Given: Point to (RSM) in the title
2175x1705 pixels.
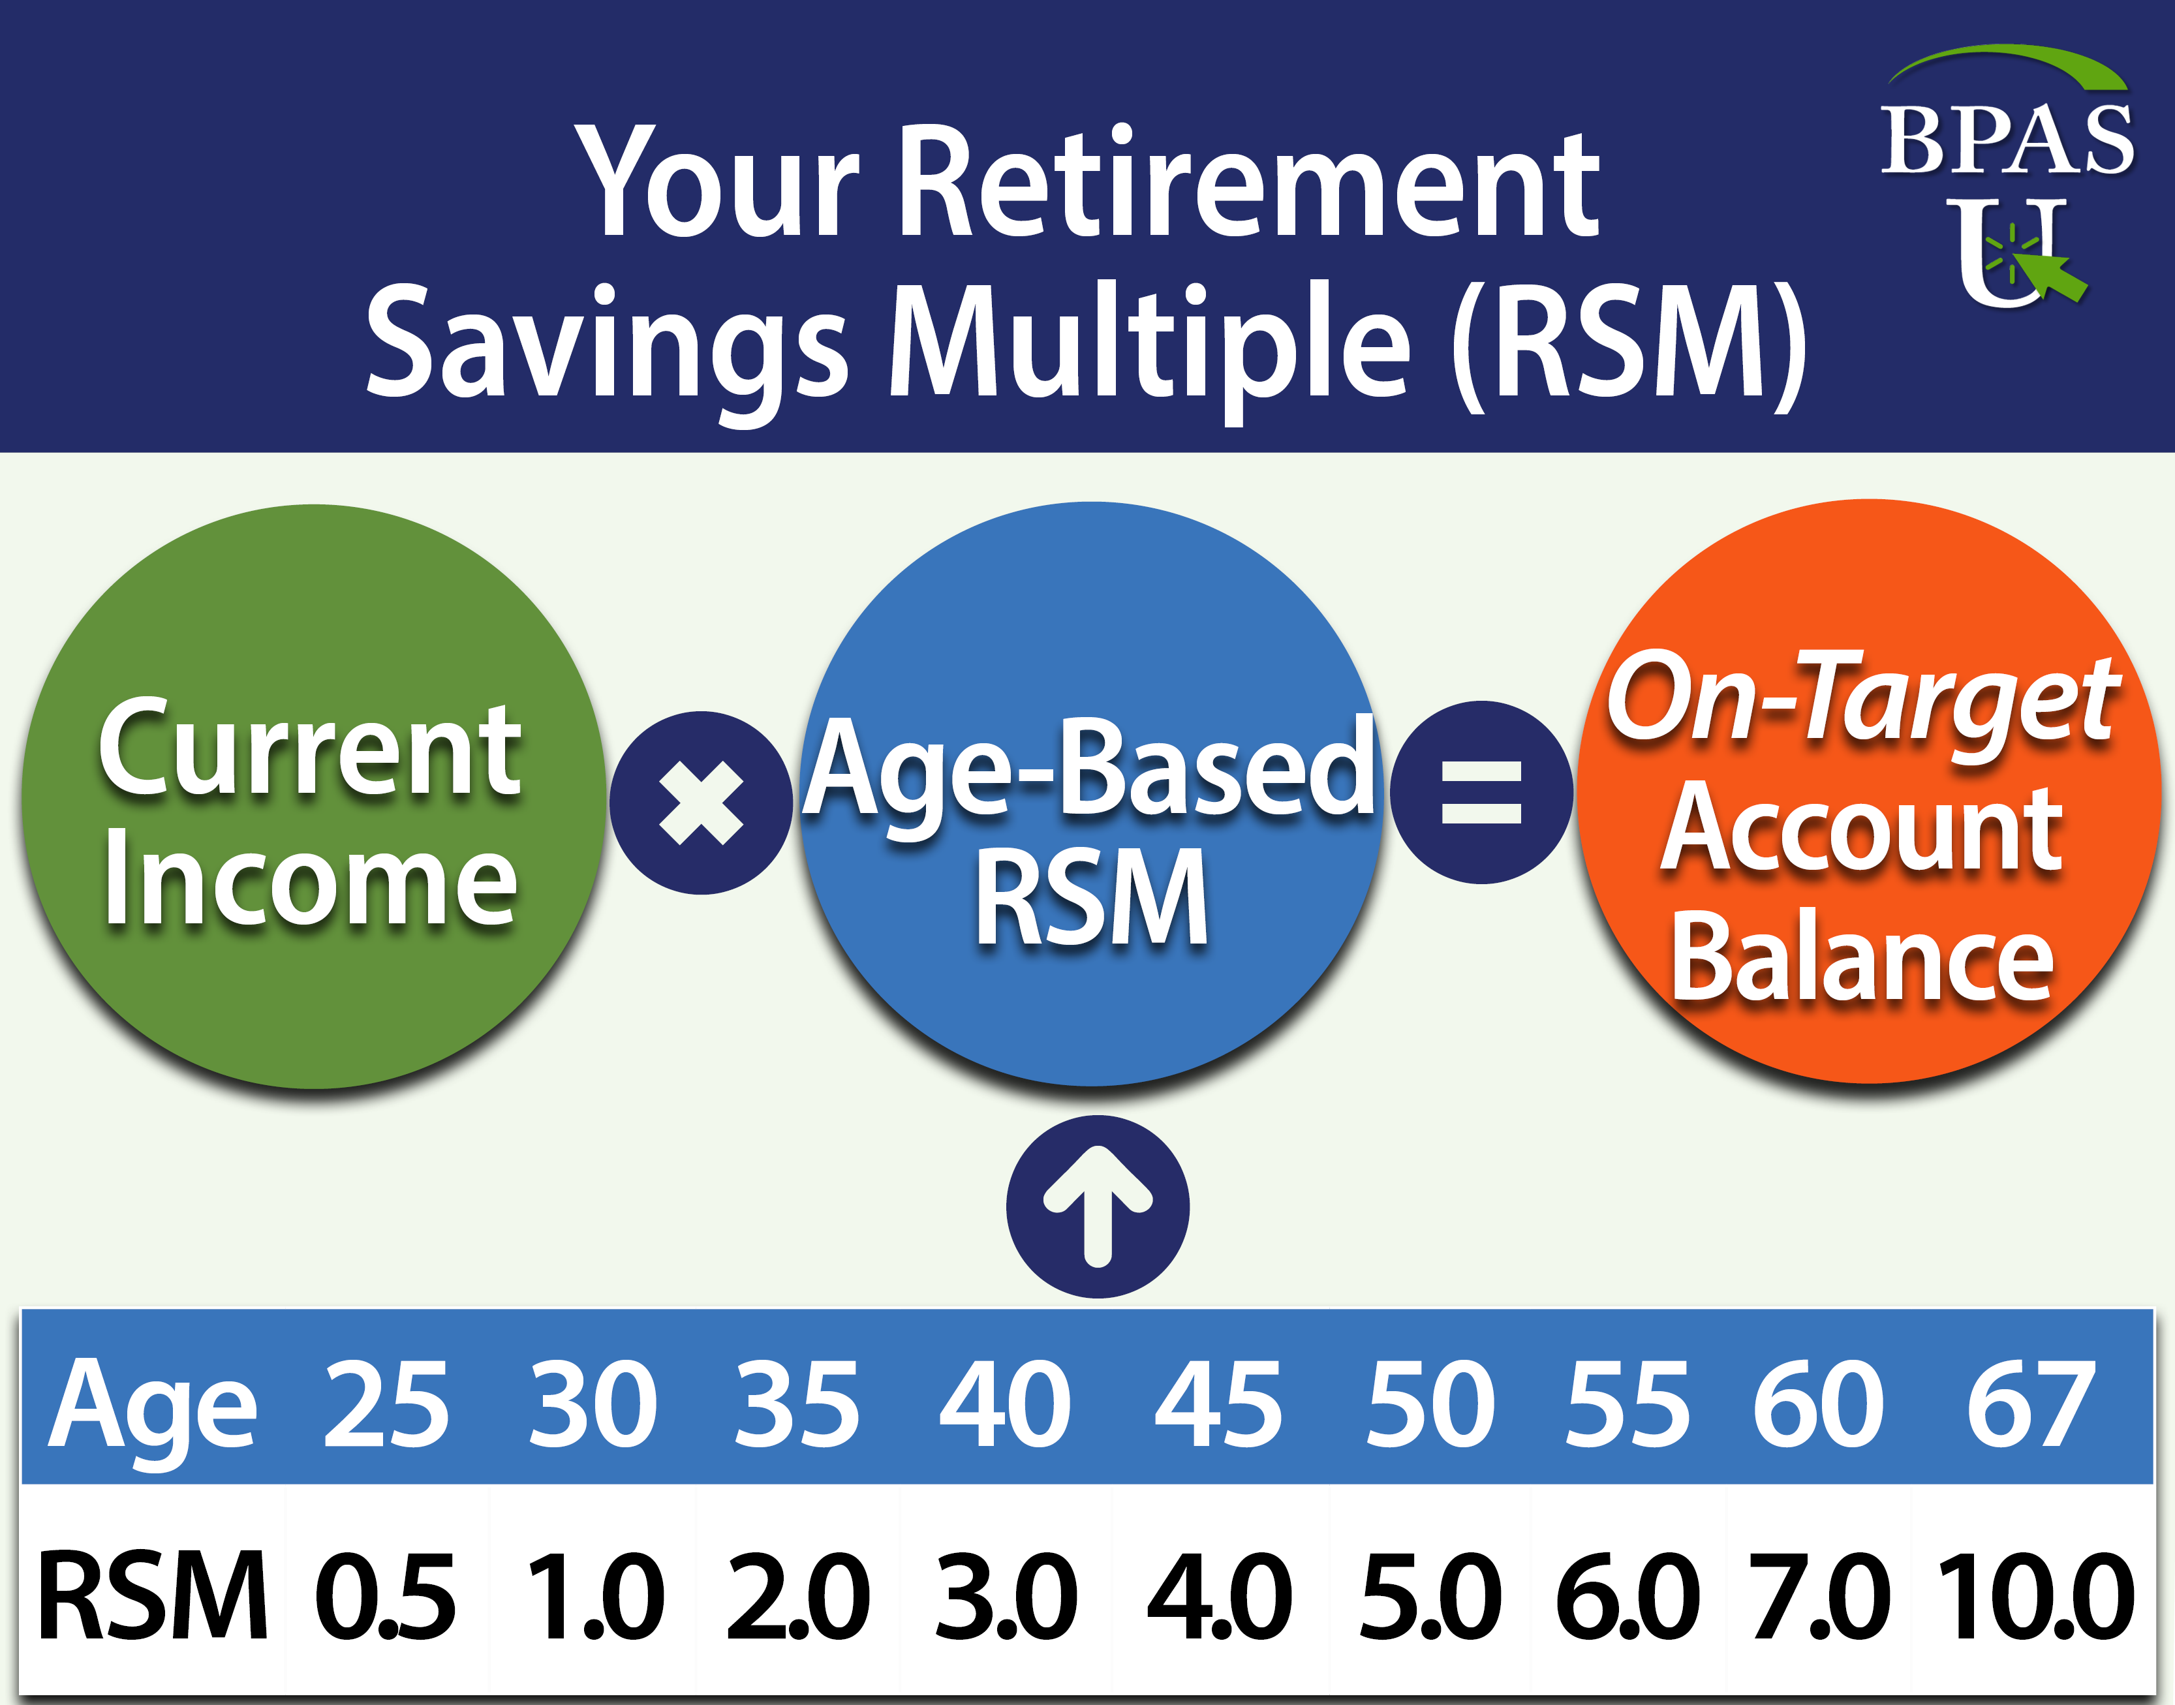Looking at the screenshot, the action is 1629,345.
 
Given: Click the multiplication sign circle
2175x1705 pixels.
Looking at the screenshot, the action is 702,803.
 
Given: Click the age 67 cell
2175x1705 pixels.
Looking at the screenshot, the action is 2029,1405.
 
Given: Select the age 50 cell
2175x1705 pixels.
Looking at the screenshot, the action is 1430,1405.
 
